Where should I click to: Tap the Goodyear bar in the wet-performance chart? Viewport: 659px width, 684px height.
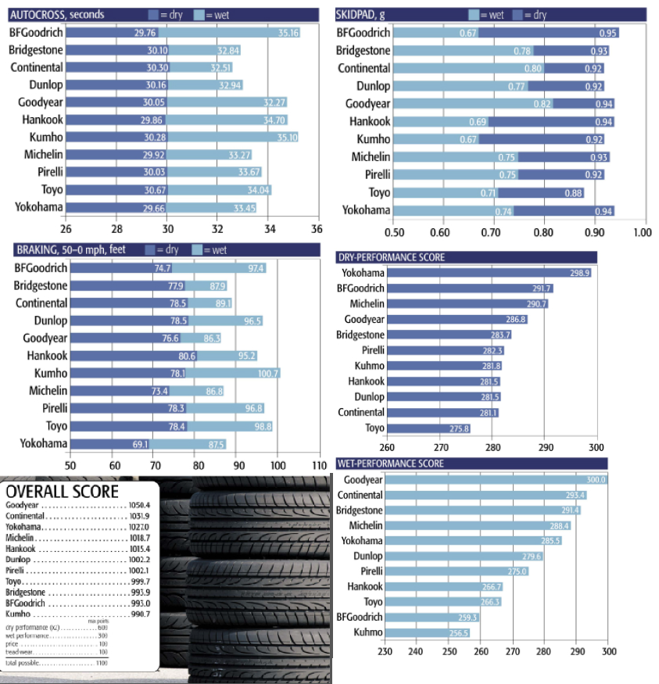click(x=496, y=480)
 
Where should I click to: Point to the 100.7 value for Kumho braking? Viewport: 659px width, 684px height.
click(x=268, y=374)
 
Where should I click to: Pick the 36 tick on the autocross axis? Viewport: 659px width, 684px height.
click(x=317, y=229)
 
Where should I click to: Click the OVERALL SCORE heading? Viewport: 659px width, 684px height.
click(x=63, y=491)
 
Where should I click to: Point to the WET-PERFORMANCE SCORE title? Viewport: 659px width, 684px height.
click(x=390, y=464)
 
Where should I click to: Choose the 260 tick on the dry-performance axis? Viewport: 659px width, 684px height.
click(x=387, y=447)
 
